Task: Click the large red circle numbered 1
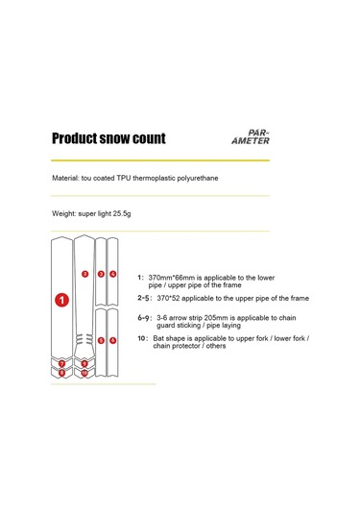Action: [61, 300]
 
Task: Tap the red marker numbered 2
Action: [84, 274]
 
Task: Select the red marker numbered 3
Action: [101, 274]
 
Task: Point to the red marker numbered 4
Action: [112, 274]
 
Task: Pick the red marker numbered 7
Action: [61, 363]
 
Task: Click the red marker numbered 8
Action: [61, 373]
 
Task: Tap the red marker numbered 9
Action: [84, 363]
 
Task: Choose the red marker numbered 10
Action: [84, 373]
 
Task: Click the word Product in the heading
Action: [74, 138]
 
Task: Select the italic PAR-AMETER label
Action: [251, 137]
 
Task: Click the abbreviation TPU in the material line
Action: [124, 178]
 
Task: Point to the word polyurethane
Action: [198, 178]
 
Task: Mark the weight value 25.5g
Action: [122, 213]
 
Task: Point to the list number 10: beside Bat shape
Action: [143, 338]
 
